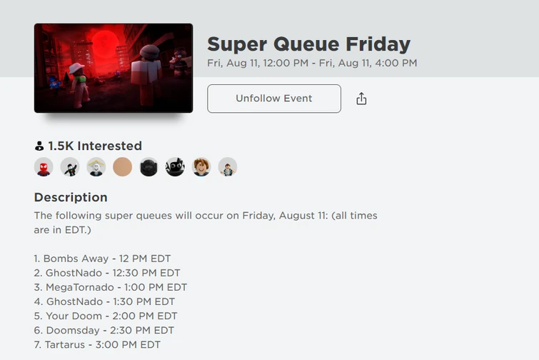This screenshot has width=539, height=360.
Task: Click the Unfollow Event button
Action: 274,99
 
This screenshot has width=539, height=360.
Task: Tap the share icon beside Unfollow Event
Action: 361,99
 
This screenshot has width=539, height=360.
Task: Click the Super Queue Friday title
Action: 308,44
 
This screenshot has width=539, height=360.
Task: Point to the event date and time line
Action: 312,64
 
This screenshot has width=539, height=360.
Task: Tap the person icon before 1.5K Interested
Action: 39,146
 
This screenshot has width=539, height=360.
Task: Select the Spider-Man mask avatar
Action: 44,167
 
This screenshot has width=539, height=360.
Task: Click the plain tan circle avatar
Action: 123,167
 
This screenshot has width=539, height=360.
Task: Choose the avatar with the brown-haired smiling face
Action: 201,167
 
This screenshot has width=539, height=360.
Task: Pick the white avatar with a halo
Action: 96,167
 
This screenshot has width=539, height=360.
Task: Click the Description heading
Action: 71,197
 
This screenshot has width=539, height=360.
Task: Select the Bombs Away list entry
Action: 102,259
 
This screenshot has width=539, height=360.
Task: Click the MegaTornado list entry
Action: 111,287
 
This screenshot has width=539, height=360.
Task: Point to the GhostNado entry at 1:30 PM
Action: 104,301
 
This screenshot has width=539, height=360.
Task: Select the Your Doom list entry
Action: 106,316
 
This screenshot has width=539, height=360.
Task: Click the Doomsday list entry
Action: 104,330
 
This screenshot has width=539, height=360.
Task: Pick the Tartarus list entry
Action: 97,344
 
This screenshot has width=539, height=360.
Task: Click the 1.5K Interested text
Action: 95,146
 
